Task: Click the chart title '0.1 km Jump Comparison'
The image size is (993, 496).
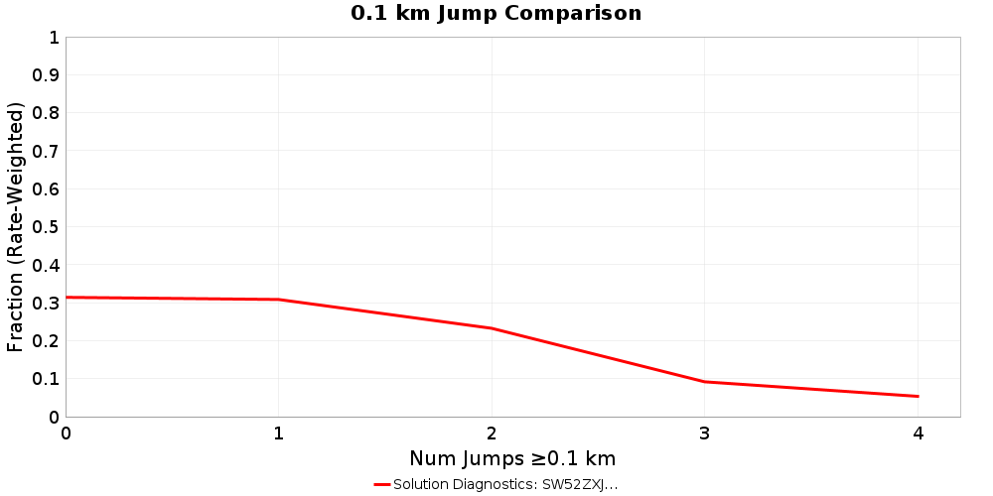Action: point(496,14)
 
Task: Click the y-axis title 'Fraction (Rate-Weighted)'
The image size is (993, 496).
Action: point(16,227)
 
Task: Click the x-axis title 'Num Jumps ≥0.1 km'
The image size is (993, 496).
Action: point(512,458)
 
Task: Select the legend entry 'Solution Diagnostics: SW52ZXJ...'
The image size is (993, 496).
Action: point(505,484)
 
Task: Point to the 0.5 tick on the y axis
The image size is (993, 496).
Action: point(48,226)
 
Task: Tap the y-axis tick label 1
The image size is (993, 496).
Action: point(54,38)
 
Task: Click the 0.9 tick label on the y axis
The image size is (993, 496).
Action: point(48,75)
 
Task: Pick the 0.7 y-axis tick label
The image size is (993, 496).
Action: point(48,151)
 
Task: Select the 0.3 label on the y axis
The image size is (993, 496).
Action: point(48,303)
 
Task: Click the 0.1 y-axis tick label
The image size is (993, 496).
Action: point(48,379)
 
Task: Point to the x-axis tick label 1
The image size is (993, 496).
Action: point(279,434)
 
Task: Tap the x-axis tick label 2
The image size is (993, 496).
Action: point(492,434)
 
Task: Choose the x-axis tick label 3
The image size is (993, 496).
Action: point(705,434)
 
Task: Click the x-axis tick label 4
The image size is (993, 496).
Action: point(918,434)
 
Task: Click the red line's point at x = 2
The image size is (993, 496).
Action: point(492,328)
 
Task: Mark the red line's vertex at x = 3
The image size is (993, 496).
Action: point(705,382)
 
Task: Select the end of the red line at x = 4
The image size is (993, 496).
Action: point(918,396)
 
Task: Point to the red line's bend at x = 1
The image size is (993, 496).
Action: point(279,300)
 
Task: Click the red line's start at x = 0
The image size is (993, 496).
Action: point(67,298)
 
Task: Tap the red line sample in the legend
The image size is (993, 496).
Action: point(382,484)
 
